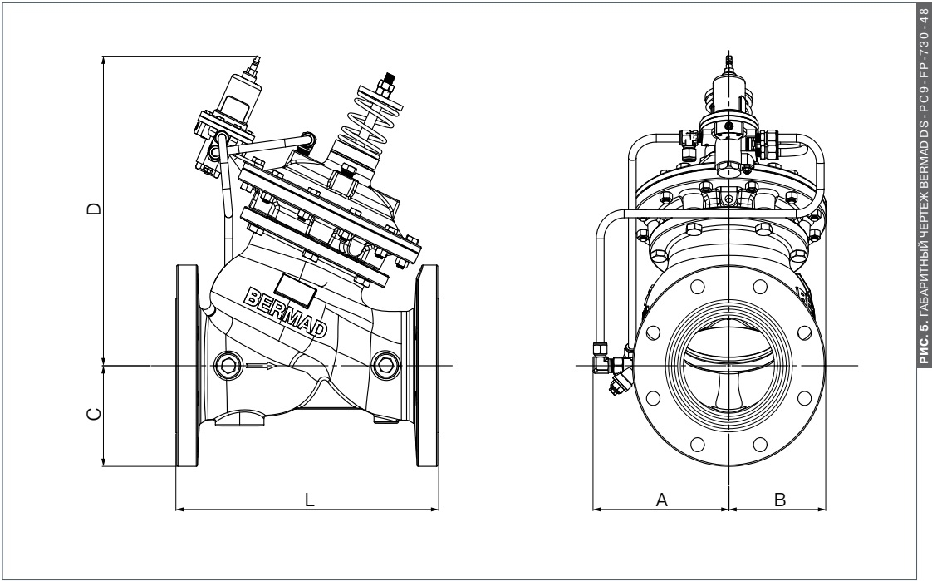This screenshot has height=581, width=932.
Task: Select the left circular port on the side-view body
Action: coord(227,364)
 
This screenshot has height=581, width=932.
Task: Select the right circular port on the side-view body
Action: coord(385,364)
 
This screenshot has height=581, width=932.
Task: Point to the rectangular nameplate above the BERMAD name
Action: coord(294,287)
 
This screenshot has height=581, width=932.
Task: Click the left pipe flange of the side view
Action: coord(189,366)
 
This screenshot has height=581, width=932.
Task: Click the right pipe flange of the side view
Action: coord(429,366)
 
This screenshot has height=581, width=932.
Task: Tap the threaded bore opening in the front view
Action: coord(728,366)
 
